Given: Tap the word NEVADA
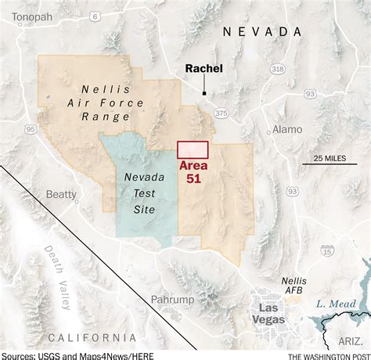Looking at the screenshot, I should click(x=261, y=31).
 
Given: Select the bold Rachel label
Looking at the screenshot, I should click(x=204, y=69).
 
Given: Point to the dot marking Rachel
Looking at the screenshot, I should click(x=204, y=94).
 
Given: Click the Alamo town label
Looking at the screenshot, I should click(x=286, y=130).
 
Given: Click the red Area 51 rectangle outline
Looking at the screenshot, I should click(x=193, y=149).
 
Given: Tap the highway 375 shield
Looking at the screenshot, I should click(x=222, y=114).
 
